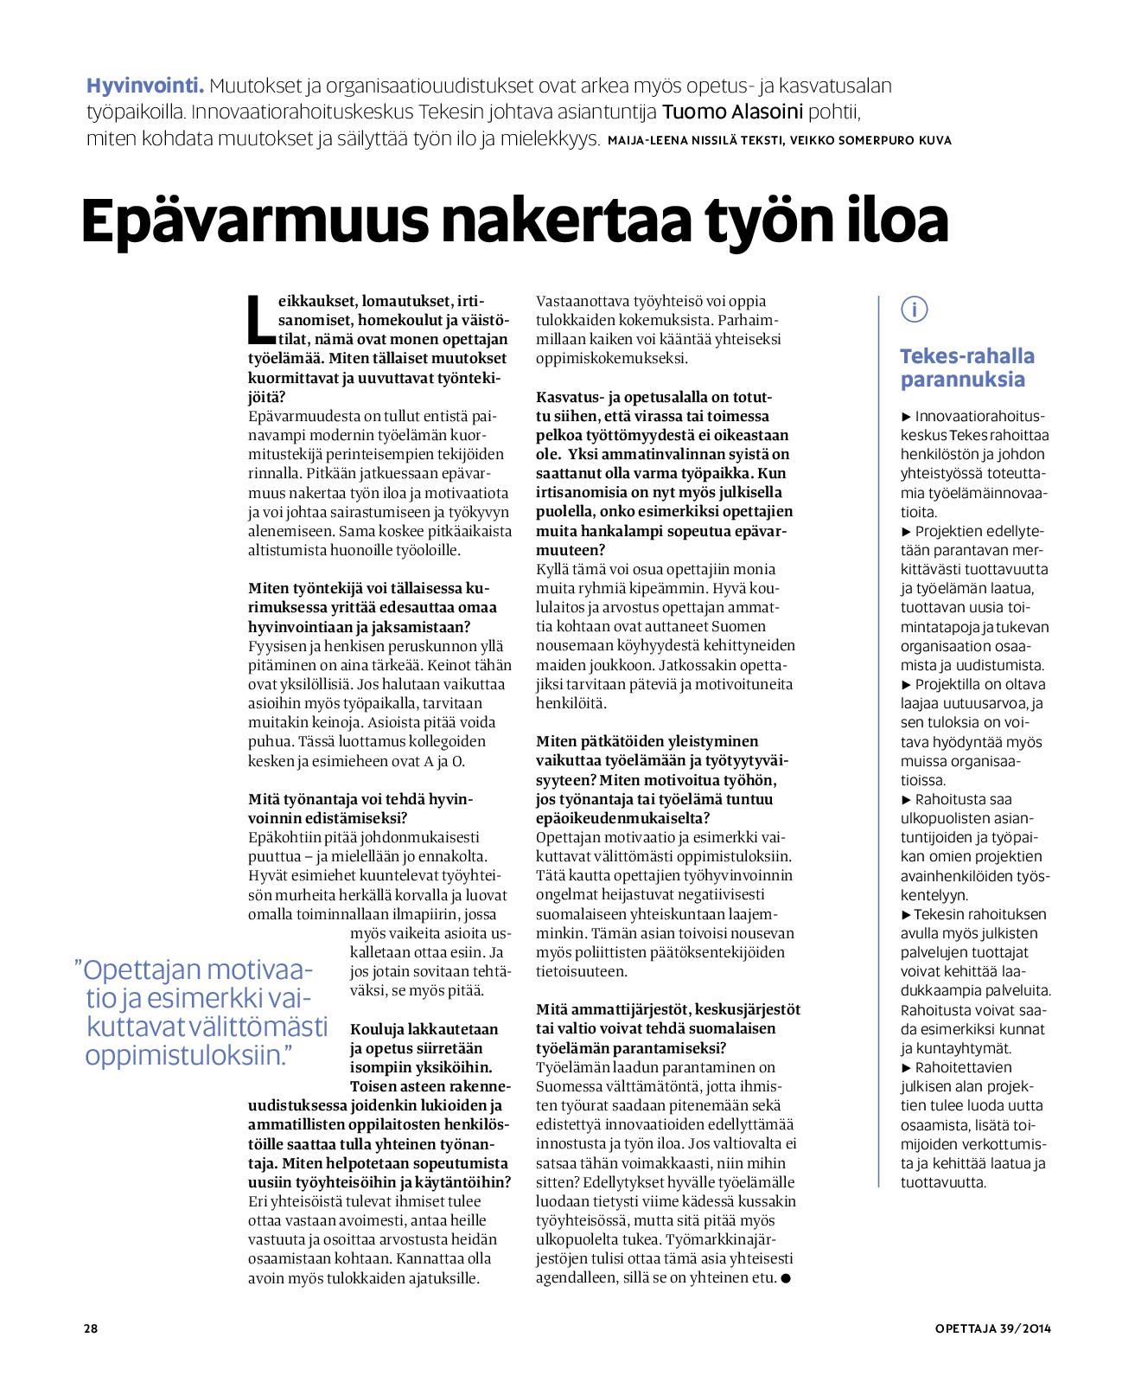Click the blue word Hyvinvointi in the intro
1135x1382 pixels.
tap(144, 86)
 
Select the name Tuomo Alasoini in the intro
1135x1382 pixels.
tap(732, 112)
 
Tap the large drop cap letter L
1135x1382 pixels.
tap(260, 319)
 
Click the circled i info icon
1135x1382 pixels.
tap(914, 309)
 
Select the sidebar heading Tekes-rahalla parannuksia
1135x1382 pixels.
tap(966, 368)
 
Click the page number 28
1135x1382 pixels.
tap(91, 1328)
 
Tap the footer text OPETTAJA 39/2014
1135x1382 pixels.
tap(992, 1328)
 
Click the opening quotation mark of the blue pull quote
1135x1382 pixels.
tap(79, 969)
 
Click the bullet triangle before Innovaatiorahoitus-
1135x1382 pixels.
tap(906, 417)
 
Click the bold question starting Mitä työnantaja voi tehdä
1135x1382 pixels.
tap(360, 809)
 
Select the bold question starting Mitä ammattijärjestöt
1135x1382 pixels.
tap(667, 1028)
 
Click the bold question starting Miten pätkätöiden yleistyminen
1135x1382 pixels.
tap(662, 779)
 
